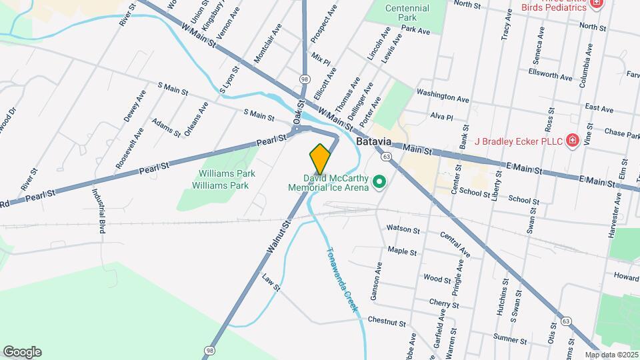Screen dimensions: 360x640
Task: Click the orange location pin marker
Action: tap(320, 159)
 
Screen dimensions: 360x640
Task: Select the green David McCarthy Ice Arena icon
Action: tap(379, 181)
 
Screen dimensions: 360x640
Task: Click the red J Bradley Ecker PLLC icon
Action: tap(572, 140)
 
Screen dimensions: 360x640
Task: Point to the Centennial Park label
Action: tap(407, 13)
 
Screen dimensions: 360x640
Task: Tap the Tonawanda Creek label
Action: tap(343, 281)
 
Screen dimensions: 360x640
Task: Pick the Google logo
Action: tap(22, 352)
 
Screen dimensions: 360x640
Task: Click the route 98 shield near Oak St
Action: tap(305, 79)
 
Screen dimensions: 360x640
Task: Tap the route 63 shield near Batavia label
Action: tap(386, 157)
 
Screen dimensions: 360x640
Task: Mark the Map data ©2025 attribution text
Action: tap(611, 355)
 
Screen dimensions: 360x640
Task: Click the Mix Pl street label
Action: tap(321, 55)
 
